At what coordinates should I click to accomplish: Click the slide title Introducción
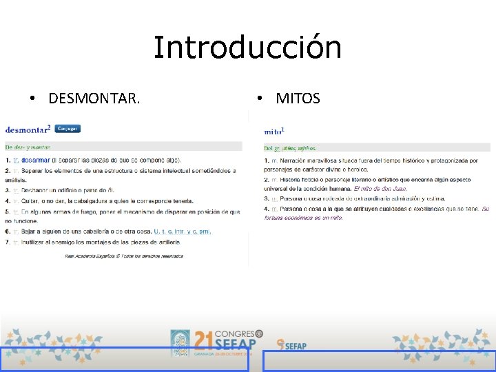pyautogui.click(x=247, y=48)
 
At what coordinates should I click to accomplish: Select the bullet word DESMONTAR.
pyautogui.click(x=94, y=99)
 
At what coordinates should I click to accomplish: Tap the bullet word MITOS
pyautogui.click(x=298, y=99)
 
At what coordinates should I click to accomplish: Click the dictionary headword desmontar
pyautogui.click(x=26, y=129)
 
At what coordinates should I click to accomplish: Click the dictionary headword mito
pyautogui.click(x=273, y=130)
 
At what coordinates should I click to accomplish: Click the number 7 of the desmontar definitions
pyautogui.click(x=7, y=242)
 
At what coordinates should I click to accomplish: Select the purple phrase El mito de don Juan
pyautogui.click(x=380, y=188)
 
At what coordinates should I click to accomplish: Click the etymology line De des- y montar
pyautogui.click(x=28, y=147)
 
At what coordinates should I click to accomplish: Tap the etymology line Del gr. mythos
pyautogui.click(x=290, y=147)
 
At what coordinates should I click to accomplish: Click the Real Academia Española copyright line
pyautogui.click(x=124, y=256)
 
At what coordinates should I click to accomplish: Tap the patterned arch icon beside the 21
pyautogui.click(x=180, y=342)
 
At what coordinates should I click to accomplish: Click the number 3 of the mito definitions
pyautogui.click(x=266, y=198)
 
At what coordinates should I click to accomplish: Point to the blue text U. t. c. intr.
pyautogui.click(x=170, y=231)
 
